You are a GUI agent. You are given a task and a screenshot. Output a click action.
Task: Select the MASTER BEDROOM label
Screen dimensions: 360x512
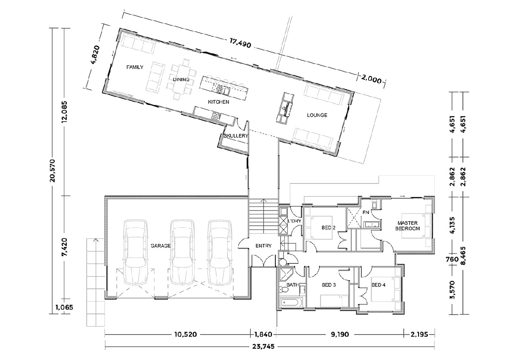[x=407, y=225]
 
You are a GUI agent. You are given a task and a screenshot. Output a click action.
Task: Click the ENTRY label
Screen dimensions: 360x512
[x=263, y=246]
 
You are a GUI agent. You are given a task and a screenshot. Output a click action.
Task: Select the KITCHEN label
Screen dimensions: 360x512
[x=218, y=102]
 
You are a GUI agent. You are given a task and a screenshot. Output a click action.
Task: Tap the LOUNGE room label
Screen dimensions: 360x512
[x=317, y=115]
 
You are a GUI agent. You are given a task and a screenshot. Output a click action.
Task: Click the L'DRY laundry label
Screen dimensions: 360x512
[x=294, y=222]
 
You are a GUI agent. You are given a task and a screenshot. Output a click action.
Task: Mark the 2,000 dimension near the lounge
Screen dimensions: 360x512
[x=371, y=79]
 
